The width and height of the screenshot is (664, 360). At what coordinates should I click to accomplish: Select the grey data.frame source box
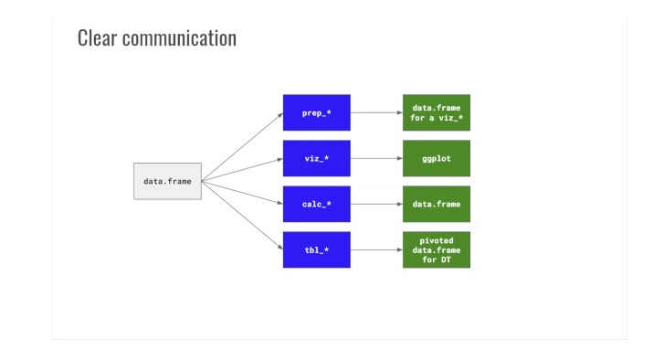tap(167, 181)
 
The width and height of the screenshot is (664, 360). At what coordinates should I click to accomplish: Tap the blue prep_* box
tap(316, 112)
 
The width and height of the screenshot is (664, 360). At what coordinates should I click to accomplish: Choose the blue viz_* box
tap(316, 158)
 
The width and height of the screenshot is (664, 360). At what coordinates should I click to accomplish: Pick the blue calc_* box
tap(316, 204)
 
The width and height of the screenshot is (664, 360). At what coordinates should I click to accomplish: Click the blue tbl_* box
tap(316, 249)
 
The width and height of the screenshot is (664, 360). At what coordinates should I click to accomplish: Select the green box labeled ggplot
tap(436, 158)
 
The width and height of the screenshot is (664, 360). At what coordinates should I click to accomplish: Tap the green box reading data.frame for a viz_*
tap(436, 112)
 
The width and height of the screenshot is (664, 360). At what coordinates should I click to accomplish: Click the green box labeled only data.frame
tap(436, 204)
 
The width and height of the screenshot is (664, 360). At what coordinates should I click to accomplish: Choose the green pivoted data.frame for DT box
tap(436, 249)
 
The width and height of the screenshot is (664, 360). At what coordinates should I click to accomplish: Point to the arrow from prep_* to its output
tap(376, 112)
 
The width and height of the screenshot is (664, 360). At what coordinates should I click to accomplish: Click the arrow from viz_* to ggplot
tap(376, 158)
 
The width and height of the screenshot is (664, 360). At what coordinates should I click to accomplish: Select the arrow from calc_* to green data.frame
tap(376, 204)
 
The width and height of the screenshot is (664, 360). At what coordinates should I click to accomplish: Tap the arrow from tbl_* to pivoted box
tap(376, 249)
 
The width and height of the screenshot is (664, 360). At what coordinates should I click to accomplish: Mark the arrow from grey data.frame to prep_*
tap(242, 146)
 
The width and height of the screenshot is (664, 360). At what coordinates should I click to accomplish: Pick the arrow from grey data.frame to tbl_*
tap(242, 215)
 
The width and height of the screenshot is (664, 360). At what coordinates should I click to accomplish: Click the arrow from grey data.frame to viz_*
tap(242, 169)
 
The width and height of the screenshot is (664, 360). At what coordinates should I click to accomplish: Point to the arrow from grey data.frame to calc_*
tap(242, 192)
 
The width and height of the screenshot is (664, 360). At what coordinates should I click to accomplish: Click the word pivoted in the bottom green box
tap(436, 240)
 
